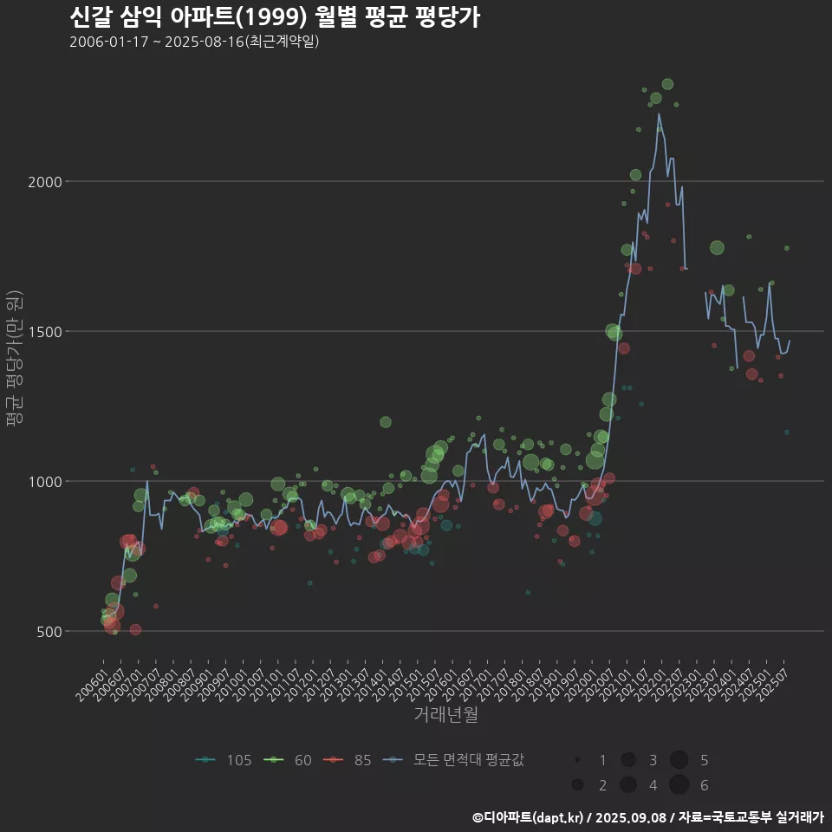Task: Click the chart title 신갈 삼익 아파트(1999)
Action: (x=274, y=17)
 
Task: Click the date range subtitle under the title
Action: (x=194, y=42)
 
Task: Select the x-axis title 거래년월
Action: (x=446, y=714)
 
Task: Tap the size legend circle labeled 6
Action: (x=679, y=784)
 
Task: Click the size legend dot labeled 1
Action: (x=576, y=760)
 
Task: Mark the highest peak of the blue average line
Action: (x=659, y=114)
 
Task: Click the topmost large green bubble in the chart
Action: (x=667, y=84)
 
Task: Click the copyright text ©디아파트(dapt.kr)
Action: (x=527, y=817)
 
